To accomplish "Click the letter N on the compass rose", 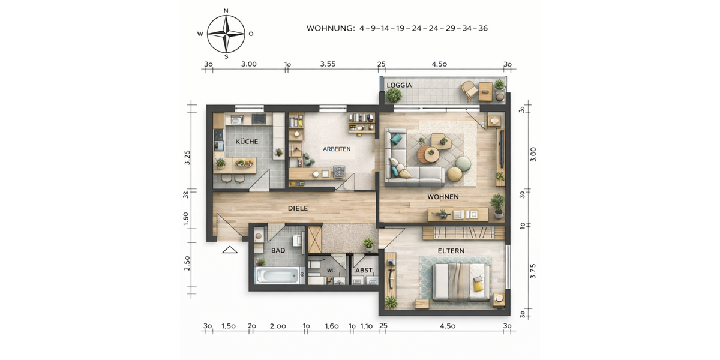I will click(x=226, y=11).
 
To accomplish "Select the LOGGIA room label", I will click(x=399, y=85).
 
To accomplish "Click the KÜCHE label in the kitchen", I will click(x=247, y=142).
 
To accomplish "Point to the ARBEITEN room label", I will click(x=337, y=149).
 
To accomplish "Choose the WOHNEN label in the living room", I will click(x=443, y=197).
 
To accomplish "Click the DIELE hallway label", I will click(x=298, y=208).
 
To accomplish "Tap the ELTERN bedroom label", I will click(x=451, y=251).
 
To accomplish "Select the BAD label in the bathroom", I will click(x=278, y=250).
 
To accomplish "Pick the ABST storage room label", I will click(x=364, y=270).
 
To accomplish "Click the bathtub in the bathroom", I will click(x=277, y=276).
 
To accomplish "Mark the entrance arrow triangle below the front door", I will click(x=230, y=250).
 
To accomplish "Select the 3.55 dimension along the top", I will click(x=328, y=64).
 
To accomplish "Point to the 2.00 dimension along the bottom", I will click(x=277, y=326).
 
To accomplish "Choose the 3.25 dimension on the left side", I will click(x=188, y=157).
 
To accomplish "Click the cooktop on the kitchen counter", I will click(x=259, y=119).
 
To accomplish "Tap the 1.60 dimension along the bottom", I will click(x=331, y=326).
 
